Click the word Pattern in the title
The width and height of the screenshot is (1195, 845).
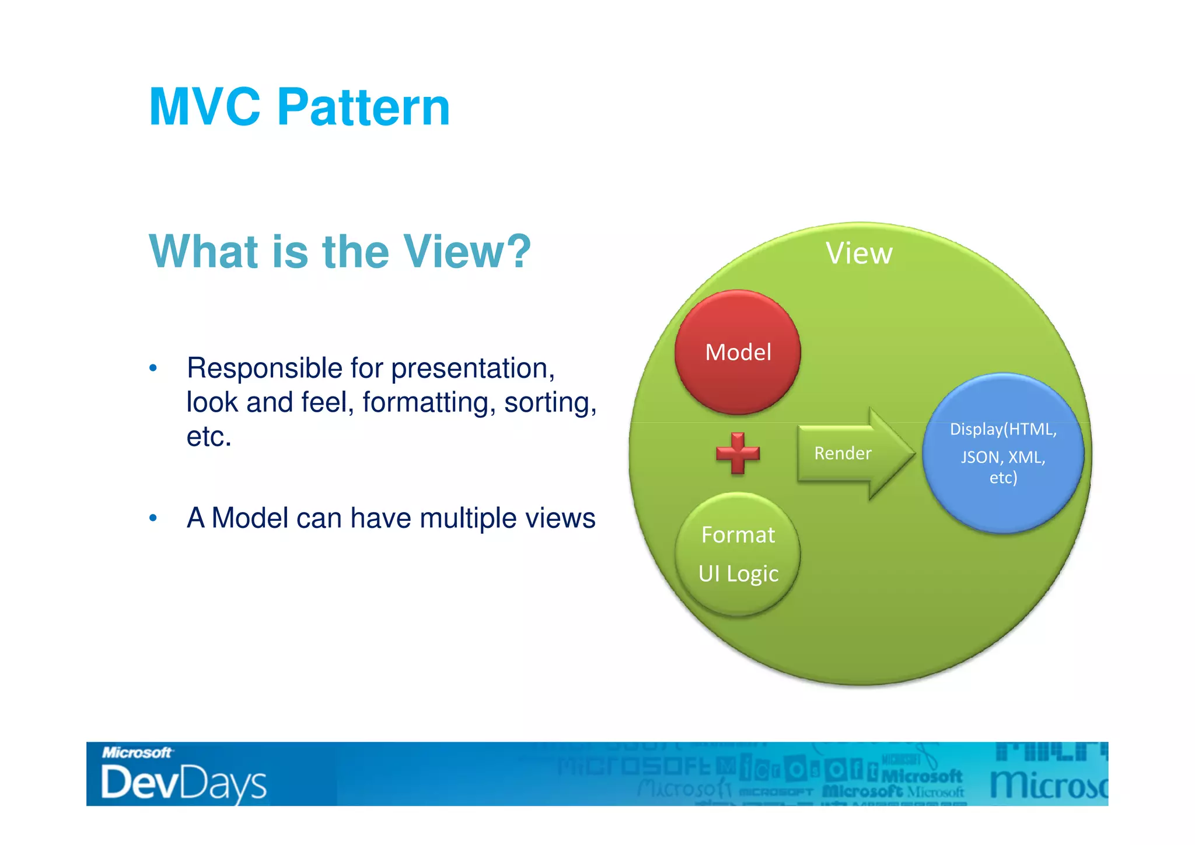tap(363, 107)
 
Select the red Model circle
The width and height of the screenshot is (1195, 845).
tap(738, 352)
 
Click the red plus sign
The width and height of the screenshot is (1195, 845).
tap(738, 453)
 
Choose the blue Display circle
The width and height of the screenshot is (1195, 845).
tap(1002, 453)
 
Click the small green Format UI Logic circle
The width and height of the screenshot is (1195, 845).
tap(738, 554)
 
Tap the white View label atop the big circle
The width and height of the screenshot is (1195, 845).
tap(859, 253)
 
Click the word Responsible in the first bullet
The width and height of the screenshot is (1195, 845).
tap(264, 368)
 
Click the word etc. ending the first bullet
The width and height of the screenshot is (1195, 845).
tap(209, 437)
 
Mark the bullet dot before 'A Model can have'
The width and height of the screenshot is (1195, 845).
tap(153, 519)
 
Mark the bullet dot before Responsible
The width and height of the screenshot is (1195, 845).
tap(153, 368)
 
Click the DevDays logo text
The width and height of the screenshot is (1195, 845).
tap(183, 783)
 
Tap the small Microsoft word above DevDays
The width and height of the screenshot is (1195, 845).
tap(137, 752)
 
